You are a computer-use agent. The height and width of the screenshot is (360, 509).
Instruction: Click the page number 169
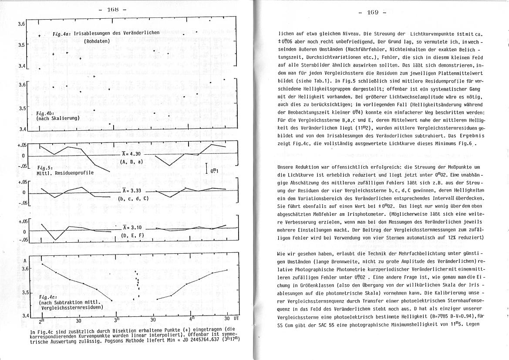point(372,12)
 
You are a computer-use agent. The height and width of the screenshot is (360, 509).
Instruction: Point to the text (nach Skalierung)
point(57,118)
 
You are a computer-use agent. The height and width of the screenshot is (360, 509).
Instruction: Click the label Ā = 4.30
point(131,154)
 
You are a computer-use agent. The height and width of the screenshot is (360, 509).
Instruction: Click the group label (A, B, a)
point(131,162)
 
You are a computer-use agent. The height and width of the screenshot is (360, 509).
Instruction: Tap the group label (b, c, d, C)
point(133,199)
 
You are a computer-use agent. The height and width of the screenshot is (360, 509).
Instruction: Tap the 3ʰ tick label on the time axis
point(116,320)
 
